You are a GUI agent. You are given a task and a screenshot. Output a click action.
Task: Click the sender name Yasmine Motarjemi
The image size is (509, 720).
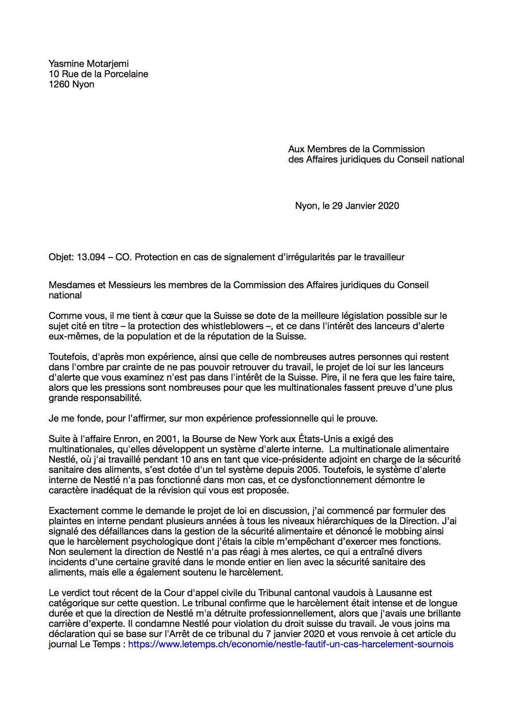pos(88,64)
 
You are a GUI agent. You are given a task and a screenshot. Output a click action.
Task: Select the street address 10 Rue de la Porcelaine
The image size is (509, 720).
pos(98,74)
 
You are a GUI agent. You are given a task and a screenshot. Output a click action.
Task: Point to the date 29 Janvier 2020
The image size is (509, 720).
pos(365,206)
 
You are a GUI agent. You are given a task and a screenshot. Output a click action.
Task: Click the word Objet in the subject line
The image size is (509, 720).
pos(61,257)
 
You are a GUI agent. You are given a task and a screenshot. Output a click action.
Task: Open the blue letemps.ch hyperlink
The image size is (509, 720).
pos(290,644)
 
